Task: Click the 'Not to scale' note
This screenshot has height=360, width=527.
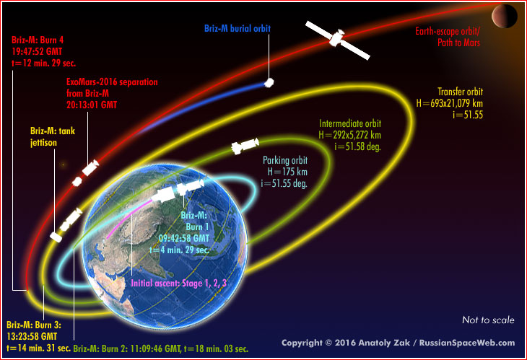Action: click(x=487, y=320)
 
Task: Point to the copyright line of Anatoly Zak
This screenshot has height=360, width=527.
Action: click(x=398, y=343)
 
